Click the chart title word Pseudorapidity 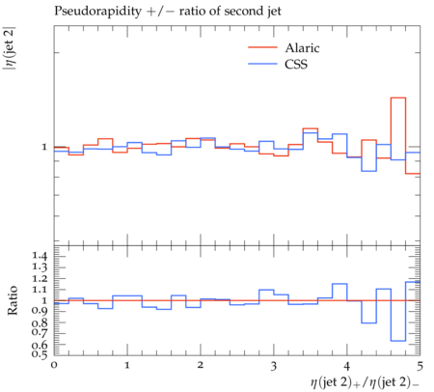[x=97, y=12]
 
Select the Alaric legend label [x=302, y=48]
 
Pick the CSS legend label [x=296, y=64]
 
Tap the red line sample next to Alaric [x=262, y=47]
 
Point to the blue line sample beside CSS [x=262, y=64]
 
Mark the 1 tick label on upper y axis [x=44, y=147]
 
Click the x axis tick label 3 [x=274, y=366]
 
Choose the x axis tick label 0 [x=54, y=366]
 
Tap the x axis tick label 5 [x=420, y=366]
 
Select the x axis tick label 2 [x=201, y=365]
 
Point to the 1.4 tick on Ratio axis [x=40, y=256]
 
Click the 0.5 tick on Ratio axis [x=40, y=354]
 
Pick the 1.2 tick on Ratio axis [x=40, y=279]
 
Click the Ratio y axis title [x=13, y=300]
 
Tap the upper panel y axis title [x=10, y=48]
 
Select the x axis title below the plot [x=366, y=382]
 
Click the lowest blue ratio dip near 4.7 [x=398, y=341]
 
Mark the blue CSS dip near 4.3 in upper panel [x=369, y=171]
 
